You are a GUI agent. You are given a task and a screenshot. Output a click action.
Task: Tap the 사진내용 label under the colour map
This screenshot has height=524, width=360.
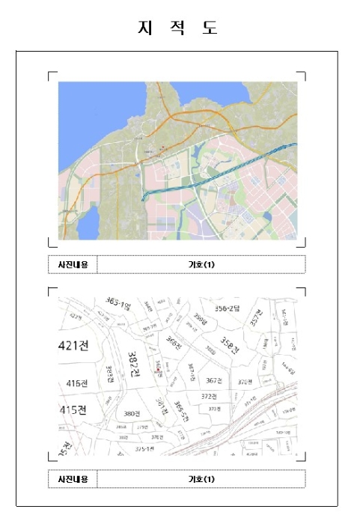point(73,264)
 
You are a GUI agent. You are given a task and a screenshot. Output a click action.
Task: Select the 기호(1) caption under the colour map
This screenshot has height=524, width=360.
point(201,264)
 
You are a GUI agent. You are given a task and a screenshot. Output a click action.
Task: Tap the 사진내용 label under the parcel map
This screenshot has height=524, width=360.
point(73,479)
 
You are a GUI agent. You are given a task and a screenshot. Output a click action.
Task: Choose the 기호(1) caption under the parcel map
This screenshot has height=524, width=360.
point(201,479)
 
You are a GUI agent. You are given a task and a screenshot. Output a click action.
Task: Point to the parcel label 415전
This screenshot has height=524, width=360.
point(73,409)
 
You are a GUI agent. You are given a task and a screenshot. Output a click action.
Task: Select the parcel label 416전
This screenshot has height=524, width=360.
point(77,383)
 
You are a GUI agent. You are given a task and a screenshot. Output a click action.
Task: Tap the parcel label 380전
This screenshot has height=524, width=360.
point(132,414)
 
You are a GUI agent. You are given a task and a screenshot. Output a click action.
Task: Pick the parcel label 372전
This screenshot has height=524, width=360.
point(209,396)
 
